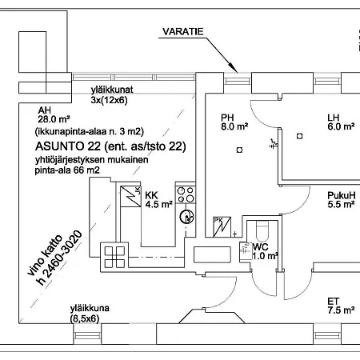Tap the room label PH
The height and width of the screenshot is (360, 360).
[x=229, y=117]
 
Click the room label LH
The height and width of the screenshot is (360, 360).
[x=334, y=117]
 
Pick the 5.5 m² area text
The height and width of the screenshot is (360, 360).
[x=341, y=205]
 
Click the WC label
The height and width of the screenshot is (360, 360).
[x=260, y=247]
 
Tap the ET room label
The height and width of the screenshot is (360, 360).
[x=333, y=301]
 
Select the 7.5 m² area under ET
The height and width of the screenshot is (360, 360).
[x=340, y=311]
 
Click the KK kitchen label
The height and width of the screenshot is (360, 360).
[x=152, y=194]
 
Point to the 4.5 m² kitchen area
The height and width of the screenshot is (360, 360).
[x=159, y=204]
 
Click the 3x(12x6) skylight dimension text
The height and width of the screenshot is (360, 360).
[x=109, y=101]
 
